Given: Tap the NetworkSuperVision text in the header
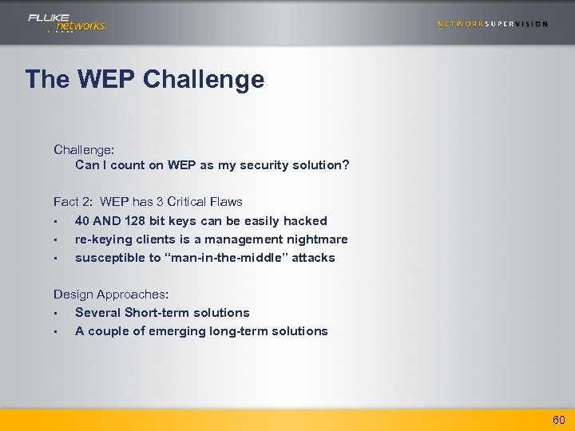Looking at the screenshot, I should coord(493,24).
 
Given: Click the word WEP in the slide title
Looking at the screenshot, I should coord(109,79).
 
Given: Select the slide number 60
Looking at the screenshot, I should coord(557,420).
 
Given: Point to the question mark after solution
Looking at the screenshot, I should coord(346,165).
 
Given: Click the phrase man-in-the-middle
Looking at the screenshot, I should coord(236,257).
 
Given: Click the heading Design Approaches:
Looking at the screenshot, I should coord(111,295).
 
